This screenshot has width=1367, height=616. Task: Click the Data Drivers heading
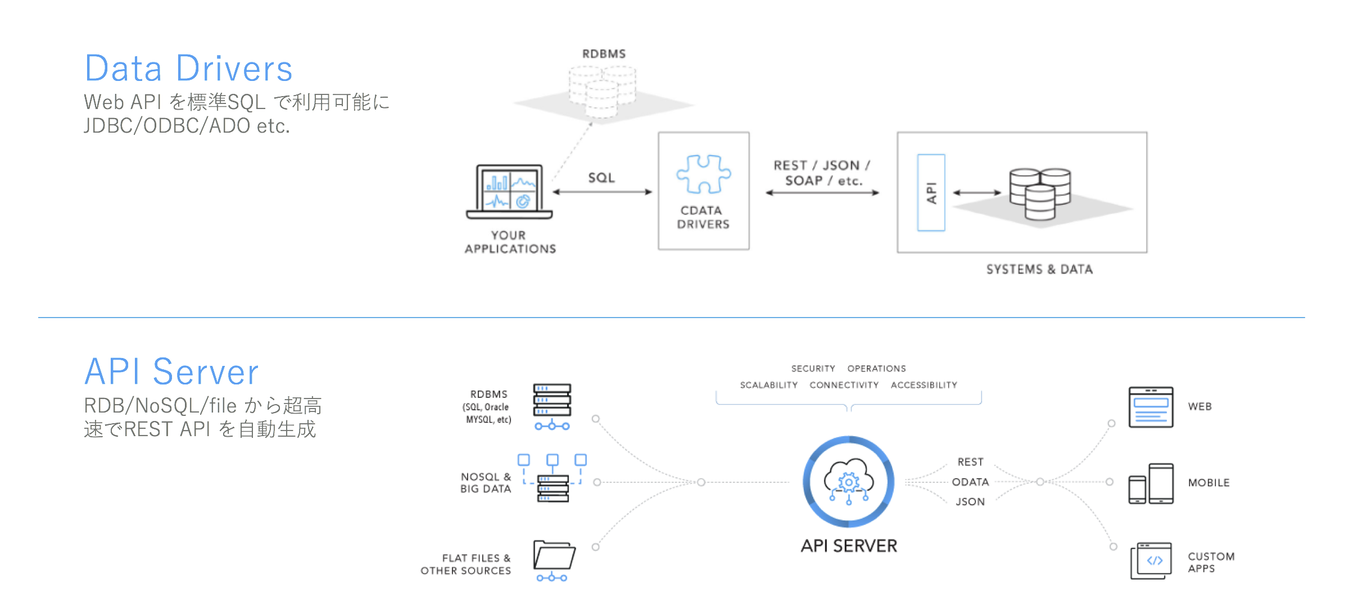point(188,69)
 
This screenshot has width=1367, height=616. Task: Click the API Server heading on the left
point(171,372)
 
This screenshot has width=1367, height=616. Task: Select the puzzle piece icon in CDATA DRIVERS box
point(703,174)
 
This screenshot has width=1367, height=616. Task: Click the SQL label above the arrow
point(601,178)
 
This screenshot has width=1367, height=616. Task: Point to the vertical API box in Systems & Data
point(931,193)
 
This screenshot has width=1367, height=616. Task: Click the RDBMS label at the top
point(604,54)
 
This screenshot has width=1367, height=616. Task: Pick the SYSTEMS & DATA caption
point(1039,269)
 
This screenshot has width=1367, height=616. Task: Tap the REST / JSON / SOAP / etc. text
point(822,173)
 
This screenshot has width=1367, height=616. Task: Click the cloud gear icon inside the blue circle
point(849,481)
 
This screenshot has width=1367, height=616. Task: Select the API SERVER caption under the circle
point(849,546)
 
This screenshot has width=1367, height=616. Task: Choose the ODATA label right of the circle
point(970,482)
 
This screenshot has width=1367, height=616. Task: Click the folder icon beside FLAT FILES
point(554,556)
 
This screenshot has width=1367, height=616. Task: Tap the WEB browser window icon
point(1151,407)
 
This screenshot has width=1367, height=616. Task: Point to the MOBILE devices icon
point(1151,483)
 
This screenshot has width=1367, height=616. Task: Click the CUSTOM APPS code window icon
point(1151,560)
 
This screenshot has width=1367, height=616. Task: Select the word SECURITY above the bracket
point(813,369)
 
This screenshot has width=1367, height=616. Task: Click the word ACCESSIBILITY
point(924,385)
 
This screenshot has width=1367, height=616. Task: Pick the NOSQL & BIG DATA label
point(486,483)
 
